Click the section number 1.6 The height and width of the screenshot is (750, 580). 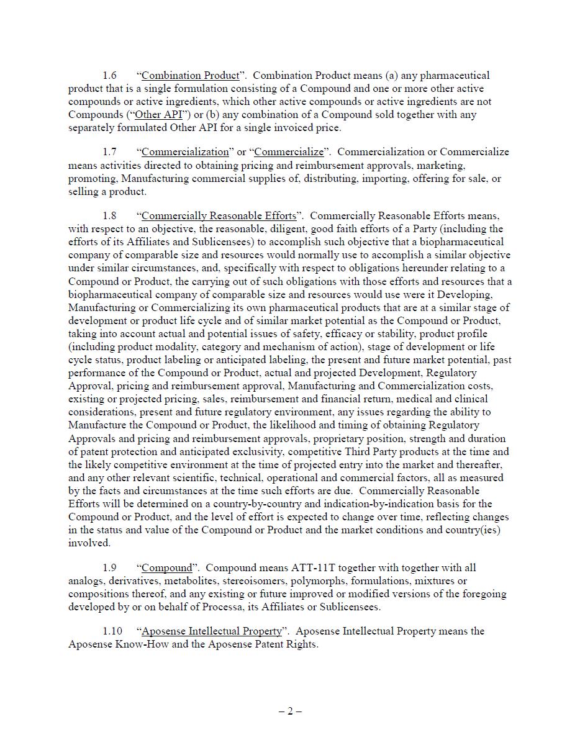109,76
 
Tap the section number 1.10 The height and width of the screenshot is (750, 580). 112,631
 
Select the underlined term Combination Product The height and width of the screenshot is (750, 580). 190,76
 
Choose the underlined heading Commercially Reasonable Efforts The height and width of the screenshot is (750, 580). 219,216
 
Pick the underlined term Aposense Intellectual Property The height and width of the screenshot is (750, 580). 211,631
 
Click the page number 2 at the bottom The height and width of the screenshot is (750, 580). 290,712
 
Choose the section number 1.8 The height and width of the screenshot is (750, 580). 109,216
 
